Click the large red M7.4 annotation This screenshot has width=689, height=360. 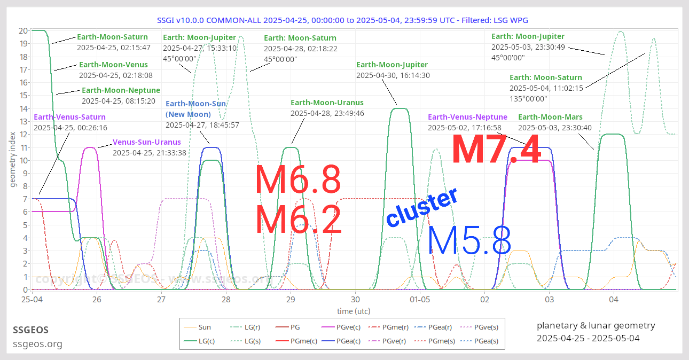pos(496,150)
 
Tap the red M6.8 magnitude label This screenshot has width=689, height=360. pos(298,180)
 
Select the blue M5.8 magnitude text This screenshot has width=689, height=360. pos(470,240)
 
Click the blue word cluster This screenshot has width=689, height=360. pos(422,207)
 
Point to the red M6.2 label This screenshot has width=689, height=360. pos(298,220)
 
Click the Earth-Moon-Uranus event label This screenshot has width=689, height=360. pos(327,103)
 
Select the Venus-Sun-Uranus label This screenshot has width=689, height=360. pos(146,142)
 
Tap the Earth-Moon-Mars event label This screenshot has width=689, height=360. pos(550,117)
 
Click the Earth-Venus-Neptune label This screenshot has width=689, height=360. pos(467,117)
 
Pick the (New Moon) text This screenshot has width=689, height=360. pos(188,114)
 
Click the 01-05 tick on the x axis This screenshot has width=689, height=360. pos(420,300)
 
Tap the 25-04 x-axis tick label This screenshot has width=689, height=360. pos(32,300)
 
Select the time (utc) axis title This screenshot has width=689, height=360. pos(354,311)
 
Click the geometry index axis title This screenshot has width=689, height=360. pos(13,160)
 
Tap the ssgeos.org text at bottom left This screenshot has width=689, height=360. pos(37,344)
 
